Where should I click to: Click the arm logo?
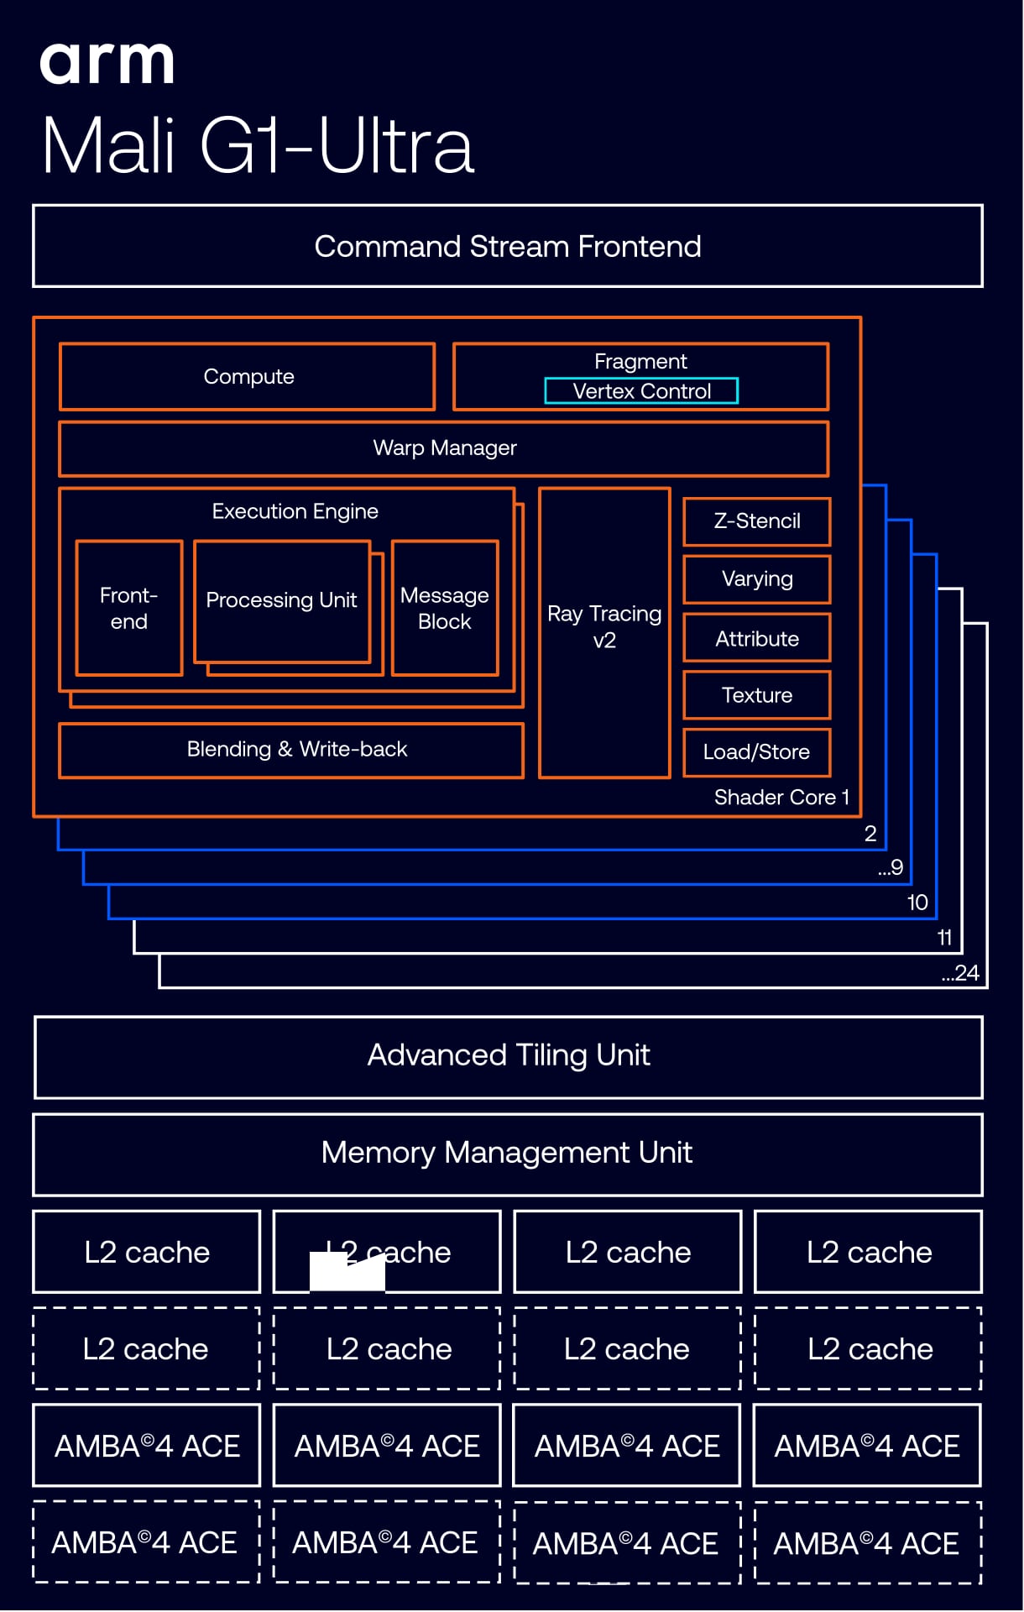pyautogui.click(x=107, y=63)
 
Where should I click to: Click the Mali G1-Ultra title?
pyautogui.click(x=258, y=146)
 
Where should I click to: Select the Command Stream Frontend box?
pyautogui.click(x=507, y=246)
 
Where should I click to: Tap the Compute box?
pyautogui.click(x=248, y=377)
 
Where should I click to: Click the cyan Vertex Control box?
pyautogui.click(x=641, y=391)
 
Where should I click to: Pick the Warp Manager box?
pyautogui.click(x=444, y=448)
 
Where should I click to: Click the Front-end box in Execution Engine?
pyautogui.click(x=128, y=608)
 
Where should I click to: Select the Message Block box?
pyautogui.click(x=444, y=608)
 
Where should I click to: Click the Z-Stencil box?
pyautogui.click(x=756, y=521)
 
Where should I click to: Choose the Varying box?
pyautogui.click(x=756, y=579)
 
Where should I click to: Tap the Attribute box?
pyautogui.click(x=756, y=638)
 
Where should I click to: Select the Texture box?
pyautogui.click(x=756, y=695)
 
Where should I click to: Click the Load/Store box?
pyautogui.click(x=756, y=752)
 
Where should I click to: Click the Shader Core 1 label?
pyautogui.click(x=781, y=797)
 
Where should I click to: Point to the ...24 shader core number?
pyautogui.click(x=960, y=973)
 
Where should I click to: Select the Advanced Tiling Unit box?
pyautogui.click(x=508, y=1056)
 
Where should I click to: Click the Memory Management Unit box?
pyautogui.click(x=507, y=1154)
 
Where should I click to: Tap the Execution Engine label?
pyautogui.click(x=295, y=511)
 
